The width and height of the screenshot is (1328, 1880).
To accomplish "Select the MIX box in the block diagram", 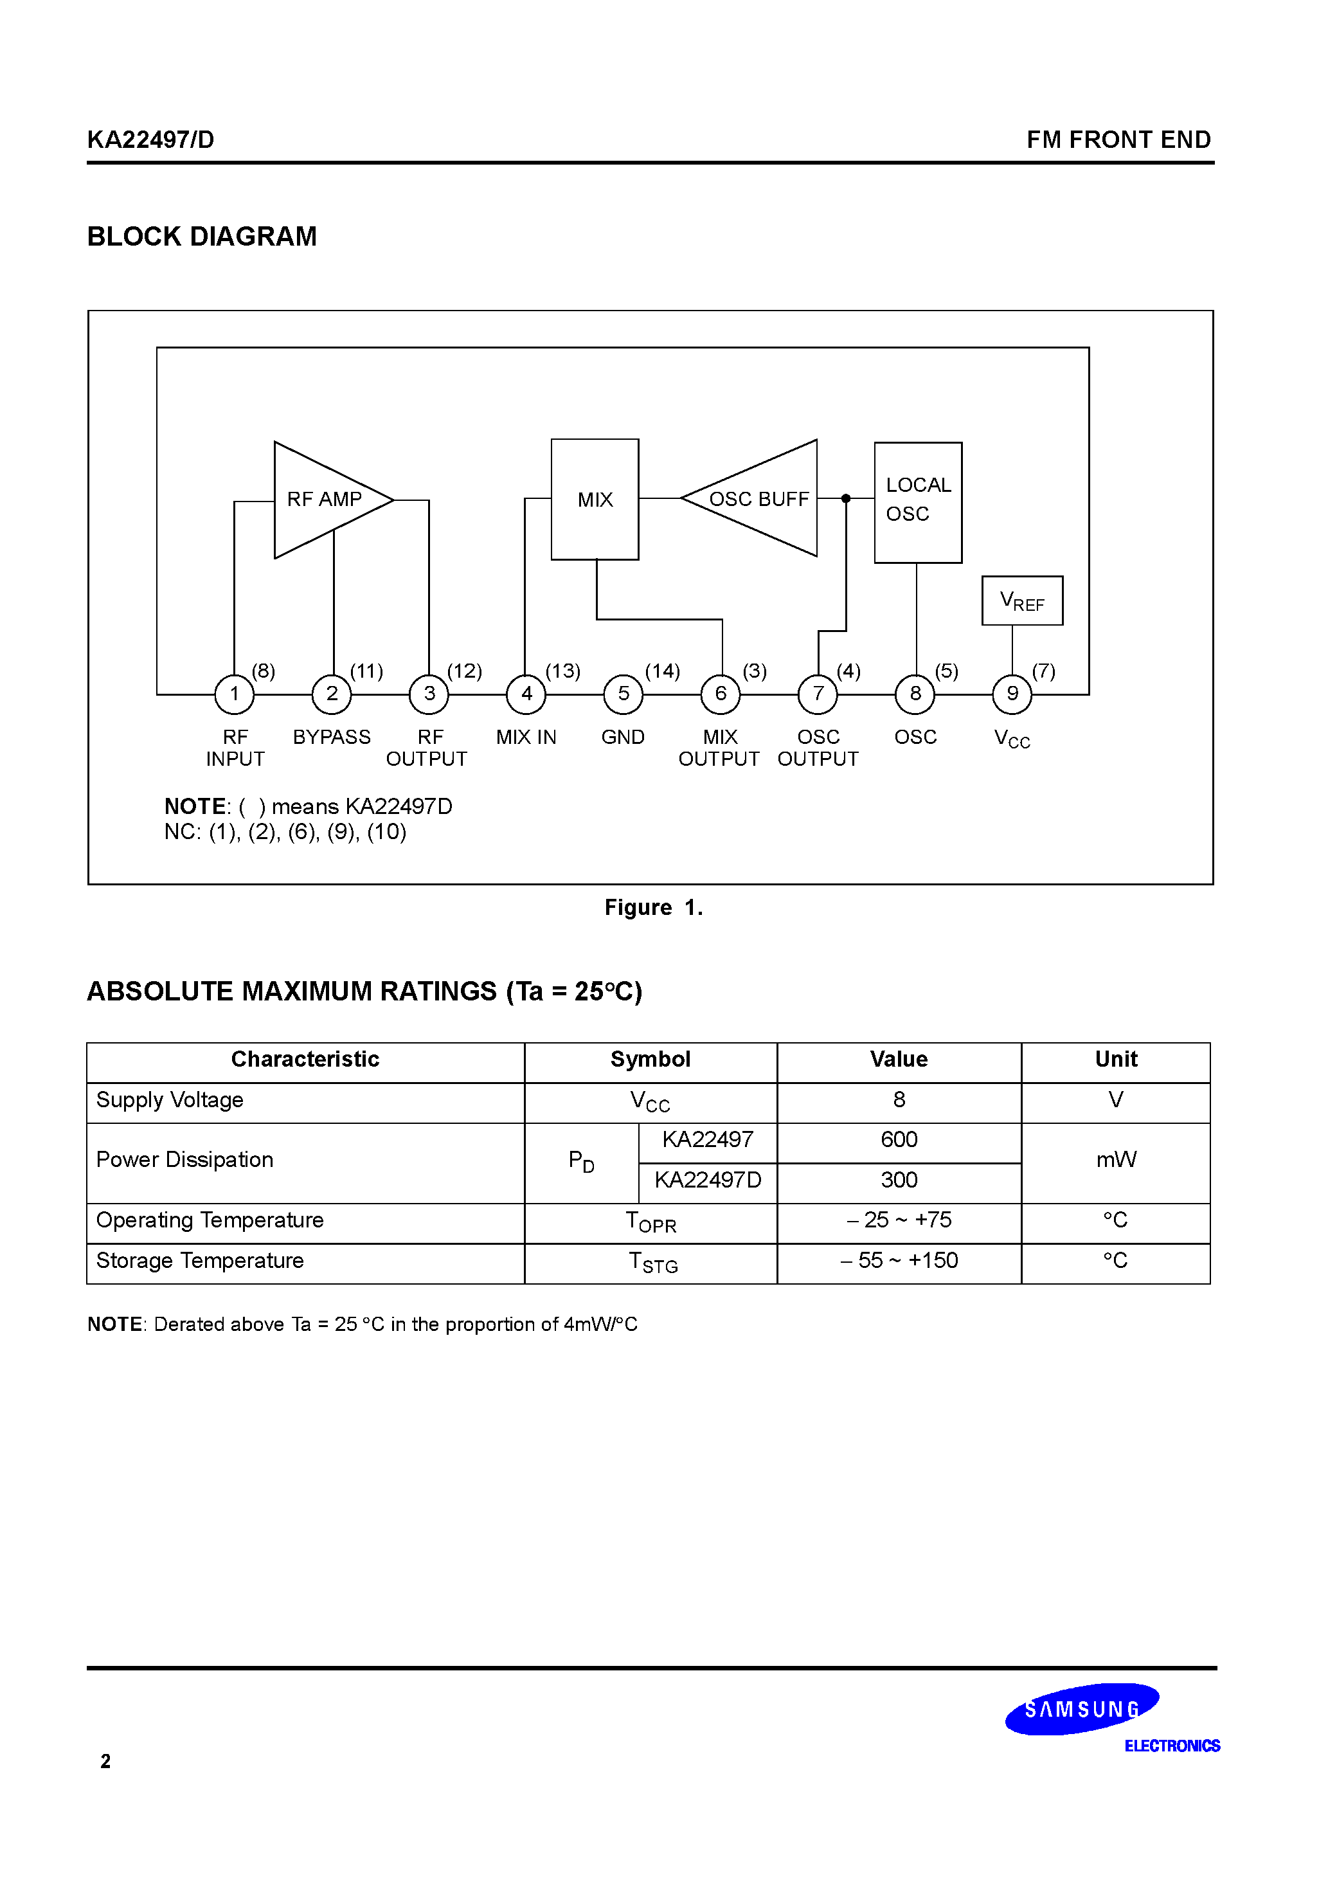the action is pyautogui.click(x=595, y=500).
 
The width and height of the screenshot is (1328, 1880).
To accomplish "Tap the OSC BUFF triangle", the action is pyautogui.click(x=757, y=499).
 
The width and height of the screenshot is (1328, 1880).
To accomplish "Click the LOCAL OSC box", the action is pyautogui.click(x=918, y=502).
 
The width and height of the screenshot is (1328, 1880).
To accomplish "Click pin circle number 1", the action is pyautogui.click(x=234, y=694).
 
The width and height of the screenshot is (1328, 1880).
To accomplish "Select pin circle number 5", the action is pyautogui.click(x=623, y=694).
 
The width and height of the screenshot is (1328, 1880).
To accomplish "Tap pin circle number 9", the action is pyautogui.click(x=1012, y=694).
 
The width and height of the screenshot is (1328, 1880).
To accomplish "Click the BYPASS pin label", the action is pyautogui.click(x=332, y=737).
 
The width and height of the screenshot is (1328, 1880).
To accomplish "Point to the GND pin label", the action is pyautogui.click(x=623, y=737).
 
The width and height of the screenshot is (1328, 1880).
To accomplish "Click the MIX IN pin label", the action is pyautogui.click(x=526, y=737).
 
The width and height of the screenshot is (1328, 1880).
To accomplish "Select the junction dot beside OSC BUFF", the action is pyautogui.click(x=846, y=499).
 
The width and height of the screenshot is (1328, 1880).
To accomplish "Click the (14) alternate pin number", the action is pyautogui.click(x=662, y=671).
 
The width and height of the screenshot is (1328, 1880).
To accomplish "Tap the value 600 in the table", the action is pyautogui.click(x=899, y=1140).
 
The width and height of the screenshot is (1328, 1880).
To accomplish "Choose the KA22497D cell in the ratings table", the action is pyautogui.click(x=708, y=1180).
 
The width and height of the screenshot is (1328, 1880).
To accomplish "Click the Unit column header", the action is pyautogui.click(x=1116, y=1060).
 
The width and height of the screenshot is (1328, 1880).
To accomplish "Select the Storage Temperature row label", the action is pyautogui.click(x=200, y=1260).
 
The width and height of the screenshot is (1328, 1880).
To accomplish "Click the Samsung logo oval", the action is pyautogui.click(x=1082, y=1709).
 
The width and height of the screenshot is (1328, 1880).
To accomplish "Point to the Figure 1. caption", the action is pyautogui.click(x=653, y=907).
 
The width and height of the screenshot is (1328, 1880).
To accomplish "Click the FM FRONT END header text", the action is pyautogui.click(x=1118, y=140).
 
